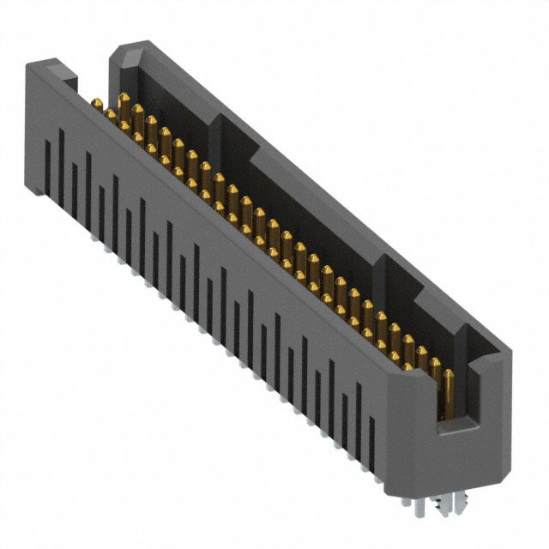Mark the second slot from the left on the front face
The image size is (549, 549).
pos(61,176)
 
